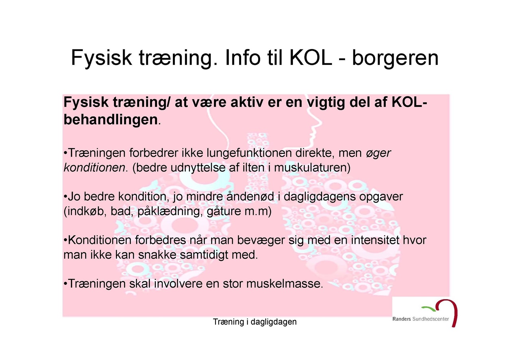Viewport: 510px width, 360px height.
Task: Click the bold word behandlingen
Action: pyautogui.click(x=111, y=119)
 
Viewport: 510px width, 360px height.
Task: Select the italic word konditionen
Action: pyautogui.click(x=94, y=168)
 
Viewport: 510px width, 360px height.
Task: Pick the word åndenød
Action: pyautogui.click(x=250, y=197)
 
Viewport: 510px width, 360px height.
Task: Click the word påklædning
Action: pyautogui.click(x=170, y=211)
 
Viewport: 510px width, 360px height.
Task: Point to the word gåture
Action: pyautogui.click(x=224, y=211)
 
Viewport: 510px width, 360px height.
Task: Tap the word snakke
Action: pyautogui.click(x=157, y=254)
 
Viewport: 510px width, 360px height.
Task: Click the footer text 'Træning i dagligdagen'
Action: pyautogui.click(x=255, y=322)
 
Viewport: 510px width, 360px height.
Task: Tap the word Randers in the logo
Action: pyautogui.click(x=402, y=319)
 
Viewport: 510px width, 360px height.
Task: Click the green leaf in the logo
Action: pyautogui.click(x=428, y=309)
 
